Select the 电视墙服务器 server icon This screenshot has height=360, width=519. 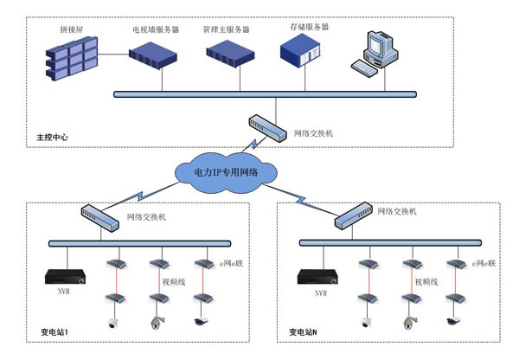pos(155,55)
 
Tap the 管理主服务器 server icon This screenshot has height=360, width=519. pos(230,54)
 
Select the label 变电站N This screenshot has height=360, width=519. pos(305,332)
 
